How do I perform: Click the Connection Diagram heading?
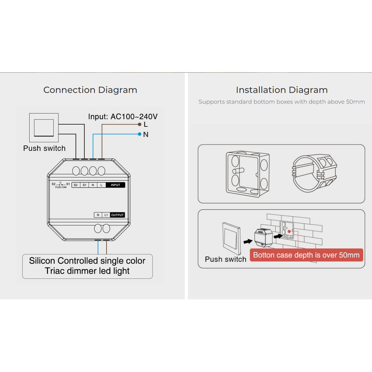pyautogui.click(x=90, y=90)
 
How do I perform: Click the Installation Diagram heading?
pyautogui.click(x=281, y=90)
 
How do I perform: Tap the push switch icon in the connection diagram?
pyautogui.click(x=44, y=127)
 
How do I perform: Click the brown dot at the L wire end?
pyautogui.click(x=139, y=124)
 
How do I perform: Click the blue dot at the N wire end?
pyautogui.click(x=139, y=134)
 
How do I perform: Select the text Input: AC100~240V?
pyautogui.click(x=123, y=117)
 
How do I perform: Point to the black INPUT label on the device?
pyautogui.click(x=115, y=185)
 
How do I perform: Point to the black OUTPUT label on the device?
pyautogui.click(x=117, y=215)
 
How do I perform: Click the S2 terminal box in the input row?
pyautogui.click(x=76, y=185)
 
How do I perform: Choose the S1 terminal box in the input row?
pyautogui.click(x=84, y=185)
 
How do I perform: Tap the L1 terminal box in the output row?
pyautogui.click(x=106, y=215)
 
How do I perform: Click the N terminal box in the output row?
pyautogui.click(x=98, y=215)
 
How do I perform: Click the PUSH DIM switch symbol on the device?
pyautogui.click(x=61, y=185)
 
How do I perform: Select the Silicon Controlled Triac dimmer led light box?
pyautogui.click(x=87, y=266)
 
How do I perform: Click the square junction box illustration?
pyautogui.click(x=247, y=174)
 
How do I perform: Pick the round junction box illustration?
pyautogui.click(x=314, y=173)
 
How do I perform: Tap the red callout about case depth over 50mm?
pyautogui.click(x=306, y=255)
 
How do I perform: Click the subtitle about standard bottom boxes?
pyautogui.click(x=281, y=102)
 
